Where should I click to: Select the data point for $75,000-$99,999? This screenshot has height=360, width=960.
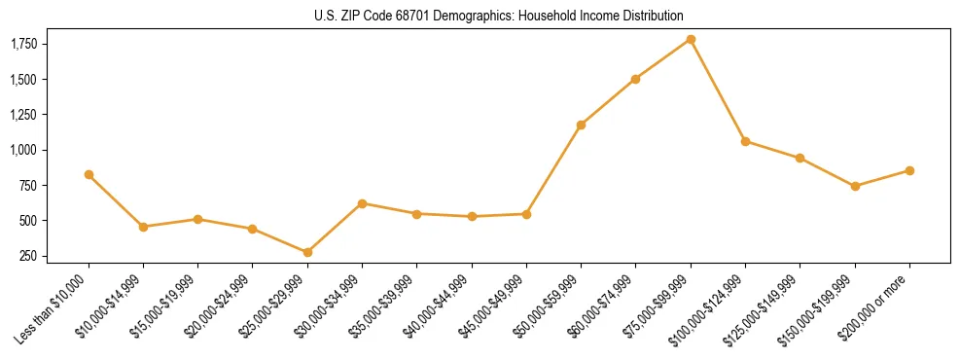tap(691, 39)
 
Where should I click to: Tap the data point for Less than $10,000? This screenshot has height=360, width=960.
tap(89, 174)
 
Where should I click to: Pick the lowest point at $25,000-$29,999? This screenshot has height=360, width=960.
tap(307, 252)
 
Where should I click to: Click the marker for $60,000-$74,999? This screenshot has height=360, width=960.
tap(635, 79)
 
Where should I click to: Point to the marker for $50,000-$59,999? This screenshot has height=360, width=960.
tap(581, 125)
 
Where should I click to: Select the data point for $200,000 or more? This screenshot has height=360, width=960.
tap(909, 170)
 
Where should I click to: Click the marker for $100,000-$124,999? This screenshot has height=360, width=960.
tap(745, 141)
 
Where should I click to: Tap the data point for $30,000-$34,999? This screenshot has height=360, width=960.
tap(362, 203)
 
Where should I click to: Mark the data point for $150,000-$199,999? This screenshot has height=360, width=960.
tap(855, 186)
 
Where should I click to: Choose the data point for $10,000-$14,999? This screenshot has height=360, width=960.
tap(143, 227)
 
